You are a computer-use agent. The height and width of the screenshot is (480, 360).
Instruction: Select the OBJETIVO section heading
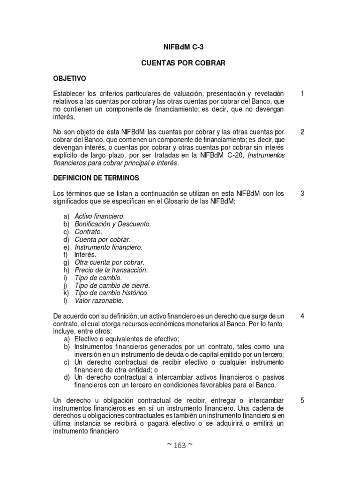click(x=70, y=78)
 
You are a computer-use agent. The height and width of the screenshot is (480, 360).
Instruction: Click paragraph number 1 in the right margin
click(x=302, y=94)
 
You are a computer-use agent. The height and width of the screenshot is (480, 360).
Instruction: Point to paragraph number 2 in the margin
click(x=302, y=132)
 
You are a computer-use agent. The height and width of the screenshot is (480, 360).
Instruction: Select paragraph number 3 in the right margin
click(x=302, y=193)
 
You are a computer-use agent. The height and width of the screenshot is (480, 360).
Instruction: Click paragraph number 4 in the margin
click(x=302, y=316)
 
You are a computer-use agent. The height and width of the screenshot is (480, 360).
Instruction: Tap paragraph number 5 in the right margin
click(x=302, y=400)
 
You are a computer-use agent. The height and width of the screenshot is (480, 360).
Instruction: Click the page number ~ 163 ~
click(x=180, y=445)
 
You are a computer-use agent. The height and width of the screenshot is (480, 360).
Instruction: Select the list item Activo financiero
click(x=100, y=216)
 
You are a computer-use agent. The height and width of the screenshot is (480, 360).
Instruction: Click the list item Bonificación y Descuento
click(x=113, y=224)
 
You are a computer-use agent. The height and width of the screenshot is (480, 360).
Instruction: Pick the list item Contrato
click(x=88, y=232)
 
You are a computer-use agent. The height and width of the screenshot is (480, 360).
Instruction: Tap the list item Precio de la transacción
click(x=111, y=270)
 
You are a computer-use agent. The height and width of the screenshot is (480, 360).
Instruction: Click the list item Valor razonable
click(x=99, y=300)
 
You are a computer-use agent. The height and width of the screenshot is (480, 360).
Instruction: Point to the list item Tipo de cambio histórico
click(x=112, y=293)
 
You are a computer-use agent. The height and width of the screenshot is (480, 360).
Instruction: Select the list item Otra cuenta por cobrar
click(x=110, y=262)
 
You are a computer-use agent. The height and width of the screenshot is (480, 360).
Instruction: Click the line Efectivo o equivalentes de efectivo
click(x=127, y=339)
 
